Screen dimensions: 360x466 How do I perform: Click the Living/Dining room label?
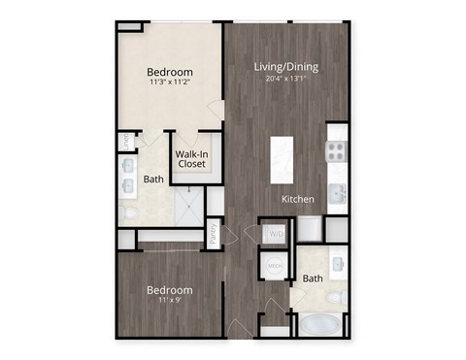[286, 67]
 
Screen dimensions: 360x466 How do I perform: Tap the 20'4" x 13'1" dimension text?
[286, 80]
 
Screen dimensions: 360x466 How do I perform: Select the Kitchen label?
[297, 199]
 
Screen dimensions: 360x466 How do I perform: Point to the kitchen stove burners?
[335, 150]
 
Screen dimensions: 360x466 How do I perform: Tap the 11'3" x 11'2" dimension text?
[169, 83]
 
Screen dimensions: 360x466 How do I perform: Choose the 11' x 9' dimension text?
[169, 302]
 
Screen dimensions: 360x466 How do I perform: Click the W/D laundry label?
[275, 234]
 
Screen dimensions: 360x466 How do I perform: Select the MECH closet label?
[274, 266]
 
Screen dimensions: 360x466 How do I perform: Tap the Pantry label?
[213, 234]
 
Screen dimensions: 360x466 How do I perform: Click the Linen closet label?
[126, 142]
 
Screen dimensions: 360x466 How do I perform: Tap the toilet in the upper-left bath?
[128, 211]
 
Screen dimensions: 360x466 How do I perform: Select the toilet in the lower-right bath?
[335, 295]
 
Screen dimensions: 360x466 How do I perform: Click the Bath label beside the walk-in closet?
[153, 179]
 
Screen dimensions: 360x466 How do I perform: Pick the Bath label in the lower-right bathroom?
[312, 279]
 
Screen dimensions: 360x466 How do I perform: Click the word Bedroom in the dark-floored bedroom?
[169, 290]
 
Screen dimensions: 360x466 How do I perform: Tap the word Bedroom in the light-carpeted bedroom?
[169, 72]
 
